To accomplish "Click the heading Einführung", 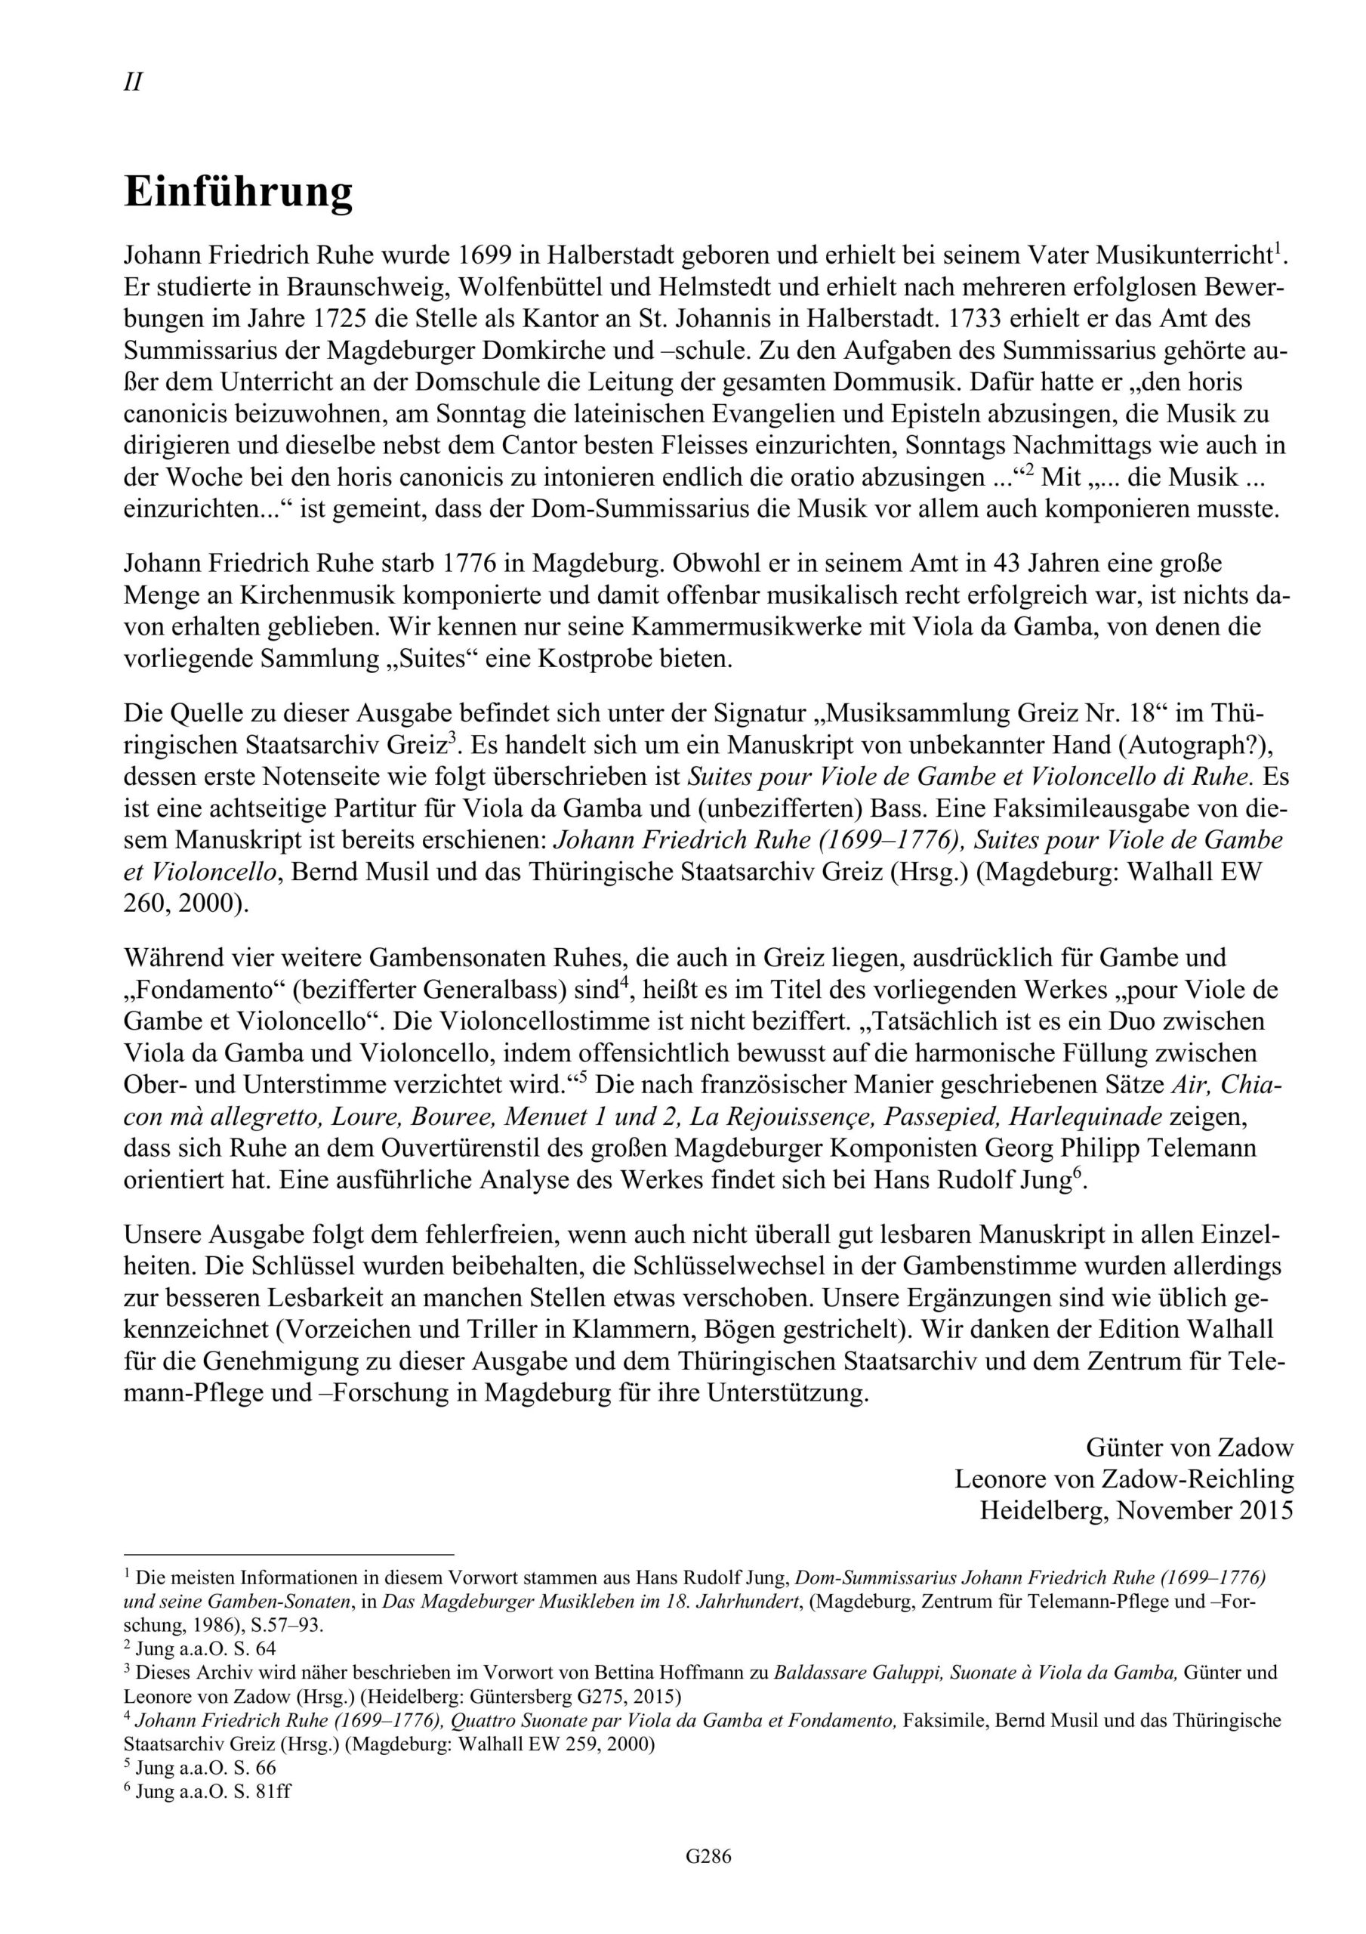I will (x=239, y=192).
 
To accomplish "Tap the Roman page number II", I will (x=133, y=82).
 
